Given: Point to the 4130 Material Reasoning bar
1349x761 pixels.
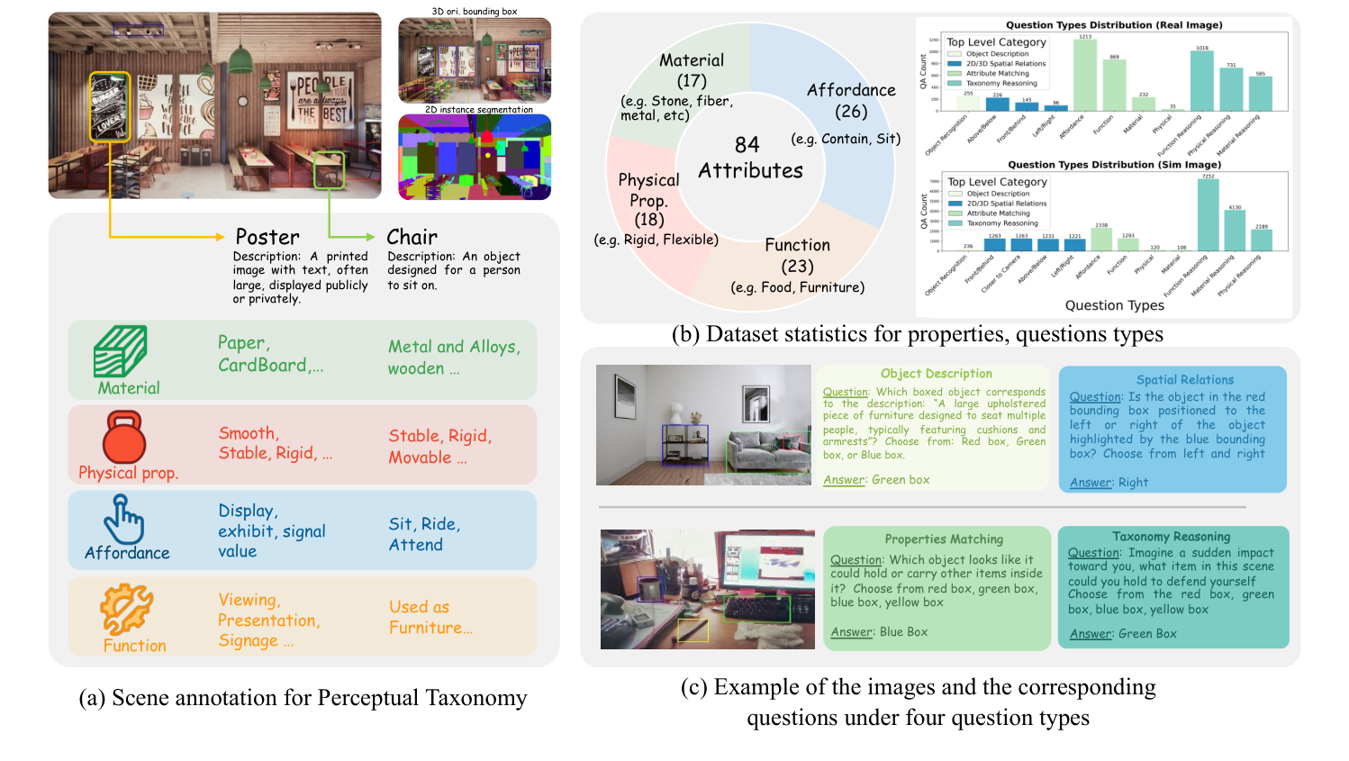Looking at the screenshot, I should [1235, 231].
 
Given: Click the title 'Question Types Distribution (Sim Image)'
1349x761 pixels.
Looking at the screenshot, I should [1114, 165].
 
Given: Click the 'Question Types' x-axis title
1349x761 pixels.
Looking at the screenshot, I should [1114, 305].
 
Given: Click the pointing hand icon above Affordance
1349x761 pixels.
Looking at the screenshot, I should [124, 520].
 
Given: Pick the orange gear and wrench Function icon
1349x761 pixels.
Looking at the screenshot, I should [126, 610].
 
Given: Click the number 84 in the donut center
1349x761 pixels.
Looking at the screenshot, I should [747, 145].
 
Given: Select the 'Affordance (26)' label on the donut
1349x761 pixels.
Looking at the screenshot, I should [851, 100].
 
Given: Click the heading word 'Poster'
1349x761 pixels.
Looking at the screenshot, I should [267, 237].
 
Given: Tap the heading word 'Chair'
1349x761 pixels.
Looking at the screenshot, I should [412, 237].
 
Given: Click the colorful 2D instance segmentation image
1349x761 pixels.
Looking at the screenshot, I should [475, 158].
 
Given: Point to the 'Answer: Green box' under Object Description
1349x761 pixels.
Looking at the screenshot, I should [875, 480].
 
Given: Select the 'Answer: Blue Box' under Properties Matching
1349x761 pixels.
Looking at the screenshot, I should [878, 632].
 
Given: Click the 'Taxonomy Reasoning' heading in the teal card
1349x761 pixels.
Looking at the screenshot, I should [1171, 537].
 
